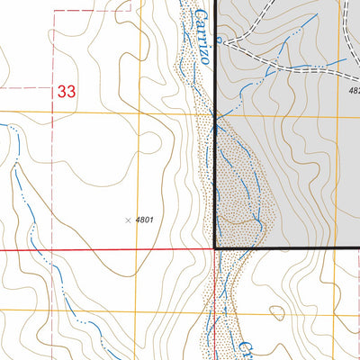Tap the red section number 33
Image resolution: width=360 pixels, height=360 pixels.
[66, 91]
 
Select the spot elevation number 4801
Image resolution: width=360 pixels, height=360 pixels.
[146, 219]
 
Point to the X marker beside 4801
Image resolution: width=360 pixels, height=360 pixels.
[127, 219]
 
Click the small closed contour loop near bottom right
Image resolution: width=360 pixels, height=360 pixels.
[277, 312]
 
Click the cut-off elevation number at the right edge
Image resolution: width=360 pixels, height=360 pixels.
[352, 90]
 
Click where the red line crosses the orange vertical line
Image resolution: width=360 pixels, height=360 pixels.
[138, 247]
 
